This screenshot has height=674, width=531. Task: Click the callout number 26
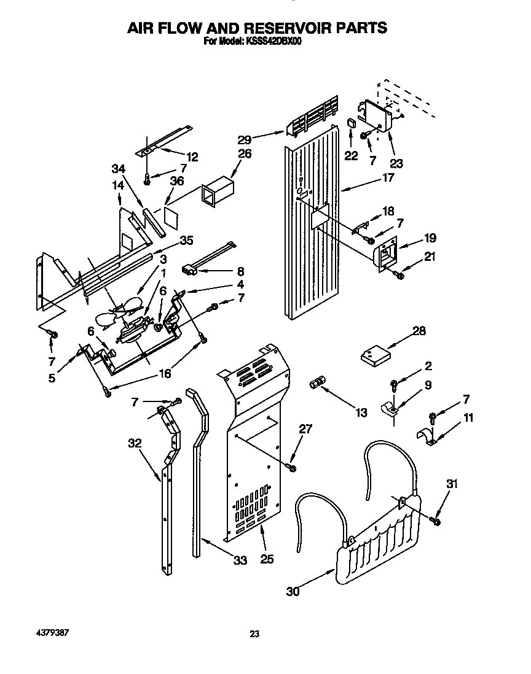245,153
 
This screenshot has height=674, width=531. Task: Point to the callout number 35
186,240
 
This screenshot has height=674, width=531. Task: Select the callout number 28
419,331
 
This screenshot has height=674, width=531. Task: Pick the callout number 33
240,560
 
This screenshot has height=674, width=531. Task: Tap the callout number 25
267,560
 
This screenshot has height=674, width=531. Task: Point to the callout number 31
452,484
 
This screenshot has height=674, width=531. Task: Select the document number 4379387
46,632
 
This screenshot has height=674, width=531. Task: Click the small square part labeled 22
352,123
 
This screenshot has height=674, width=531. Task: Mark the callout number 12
192,157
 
